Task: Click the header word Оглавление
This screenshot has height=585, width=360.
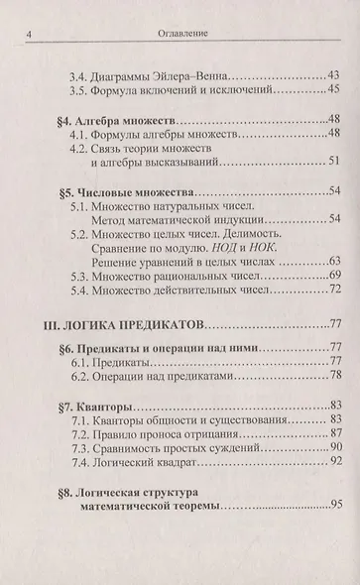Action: point(181,37)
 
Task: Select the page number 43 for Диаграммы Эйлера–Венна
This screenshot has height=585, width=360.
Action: point(332,76)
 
